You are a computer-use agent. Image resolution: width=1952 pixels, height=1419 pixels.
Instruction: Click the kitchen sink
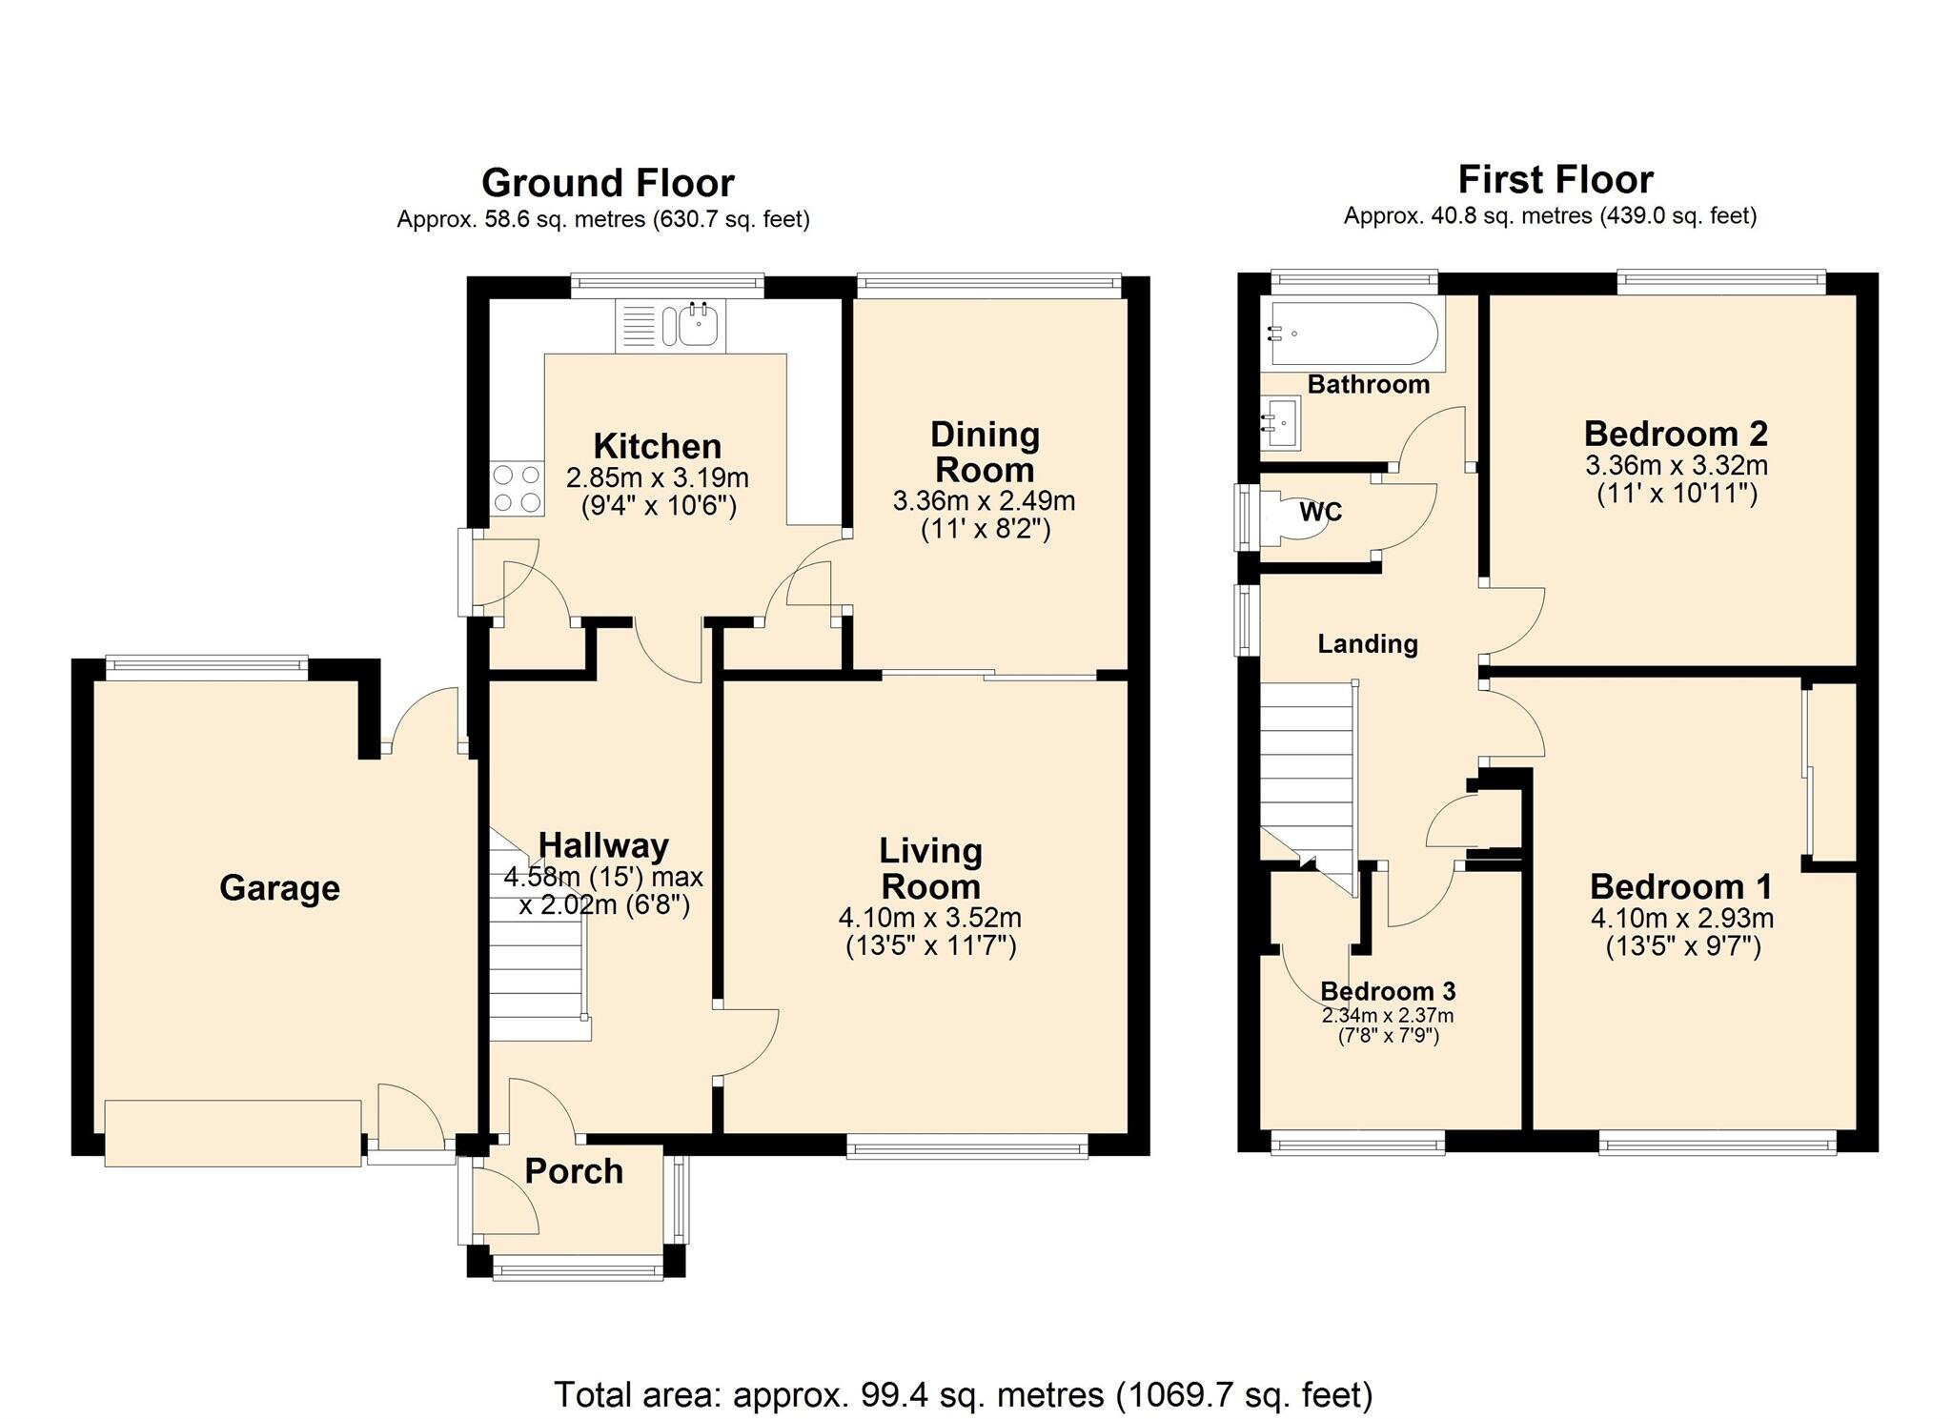[x=670, y=326]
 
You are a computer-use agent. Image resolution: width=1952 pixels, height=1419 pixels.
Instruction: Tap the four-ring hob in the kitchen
[x=517, y=488]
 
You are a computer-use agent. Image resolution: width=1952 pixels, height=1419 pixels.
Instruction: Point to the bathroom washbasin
[x=1281, y=422]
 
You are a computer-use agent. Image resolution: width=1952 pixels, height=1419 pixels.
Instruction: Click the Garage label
[x=279, y=888]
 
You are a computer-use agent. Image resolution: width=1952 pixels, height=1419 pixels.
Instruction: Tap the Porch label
[x=574, y=1171]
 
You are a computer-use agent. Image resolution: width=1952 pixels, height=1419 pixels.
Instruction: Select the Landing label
[x=1368, y=644]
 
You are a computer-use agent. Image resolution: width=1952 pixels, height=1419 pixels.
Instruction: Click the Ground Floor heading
[x=608, y=182]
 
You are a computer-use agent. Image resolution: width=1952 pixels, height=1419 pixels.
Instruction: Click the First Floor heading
[x=1555, y=179]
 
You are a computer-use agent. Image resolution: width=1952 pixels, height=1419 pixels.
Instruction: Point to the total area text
[x=964, y=1395]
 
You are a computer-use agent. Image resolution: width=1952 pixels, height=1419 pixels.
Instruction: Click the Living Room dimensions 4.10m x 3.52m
[x=930, y=918]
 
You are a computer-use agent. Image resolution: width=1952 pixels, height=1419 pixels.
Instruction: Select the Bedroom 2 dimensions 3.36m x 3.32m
[x=1677, y=466]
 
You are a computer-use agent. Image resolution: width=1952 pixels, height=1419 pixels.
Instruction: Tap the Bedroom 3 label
[x=1388, y=992]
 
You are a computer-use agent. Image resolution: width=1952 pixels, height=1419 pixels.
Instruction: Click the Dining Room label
[x=985, y=452]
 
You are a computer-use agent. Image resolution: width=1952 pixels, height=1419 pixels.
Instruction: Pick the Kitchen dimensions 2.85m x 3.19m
[x=658, y=477]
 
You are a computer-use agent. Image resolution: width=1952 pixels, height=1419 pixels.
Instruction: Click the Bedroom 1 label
[x=1681, y=887]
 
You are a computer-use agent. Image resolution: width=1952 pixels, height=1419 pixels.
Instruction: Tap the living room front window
[x=967, y=1146]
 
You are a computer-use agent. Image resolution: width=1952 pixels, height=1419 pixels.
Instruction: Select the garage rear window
[x=207, y=667]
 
